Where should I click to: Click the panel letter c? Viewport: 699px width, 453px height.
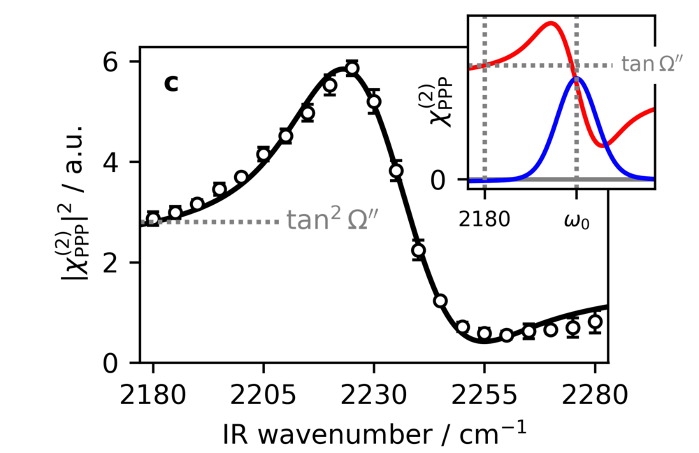[171, 83]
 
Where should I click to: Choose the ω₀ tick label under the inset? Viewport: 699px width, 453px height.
[576, 222]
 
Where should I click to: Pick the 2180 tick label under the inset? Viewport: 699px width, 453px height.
[485, 222]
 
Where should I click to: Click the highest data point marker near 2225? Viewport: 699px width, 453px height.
[352, 68]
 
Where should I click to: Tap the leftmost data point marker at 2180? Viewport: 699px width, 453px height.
[153, 218]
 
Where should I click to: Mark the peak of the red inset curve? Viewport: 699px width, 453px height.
[552, 23]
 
